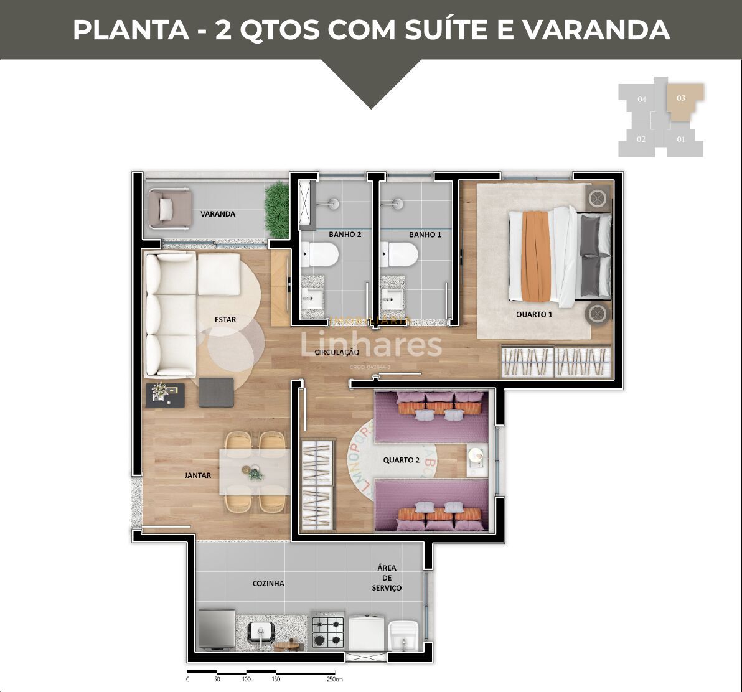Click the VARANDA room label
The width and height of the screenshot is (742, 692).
218,214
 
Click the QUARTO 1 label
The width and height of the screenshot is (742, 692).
534,314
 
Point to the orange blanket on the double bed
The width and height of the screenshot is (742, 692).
535,255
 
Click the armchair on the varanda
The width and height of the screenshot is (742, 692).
167,207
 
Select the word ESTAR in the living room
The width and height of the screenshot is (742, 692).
225,320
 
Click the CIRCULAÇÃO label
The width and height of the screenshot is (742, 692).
337,352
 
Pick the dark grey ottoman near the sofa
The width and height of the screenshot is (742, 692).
216,393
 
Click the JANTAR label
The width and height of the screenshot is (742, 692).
198,475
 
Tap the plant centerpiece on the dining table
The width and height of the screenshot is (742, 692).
255,474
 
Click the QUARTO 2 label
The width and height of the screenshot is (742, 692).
402,460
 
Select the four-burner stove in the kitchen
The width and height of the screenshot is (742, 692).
328,629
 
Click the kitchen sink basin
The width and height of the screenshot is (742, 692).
260,632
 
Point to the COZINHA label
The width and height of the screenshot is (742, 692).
268,584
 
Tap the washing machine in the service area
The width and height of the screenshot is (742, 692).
366,632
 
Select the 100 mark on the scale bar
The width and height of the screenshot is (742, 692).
247,680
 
